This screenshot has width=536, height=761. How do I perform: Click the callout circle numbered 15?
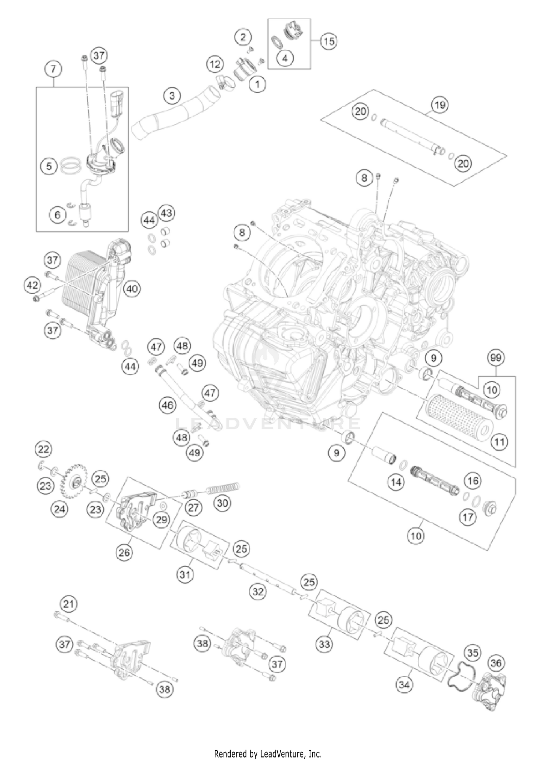click(x=329, y=41)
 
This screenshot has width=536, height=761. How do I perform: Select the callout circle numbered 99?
click(x=496, y=358)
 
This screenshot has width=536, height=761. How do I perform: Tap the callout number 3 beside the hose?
click(x=172, y=96)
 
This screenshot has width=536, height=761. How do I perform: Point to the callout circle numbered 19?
click(x=440, y=105)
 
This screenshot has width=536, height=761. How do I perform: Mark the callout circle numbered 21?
click(x=69, y=604)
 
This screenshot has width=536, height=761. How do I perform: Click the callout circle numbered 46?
click(x=167, y=405)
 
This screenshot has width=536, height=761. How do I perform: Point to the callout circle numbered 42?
click(x=32, y=285)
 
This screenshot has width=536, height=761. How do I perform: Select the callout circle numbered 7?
click(x=53, y=69)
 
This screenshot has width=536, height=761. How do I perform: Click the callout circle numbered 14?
click(x=396, y=482)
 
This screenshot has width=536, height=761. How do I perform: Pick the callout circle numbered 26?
click(x=124, y=553)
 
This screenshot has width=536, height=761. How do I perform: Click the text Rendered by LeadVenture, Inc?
click(x=268, y=754)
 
